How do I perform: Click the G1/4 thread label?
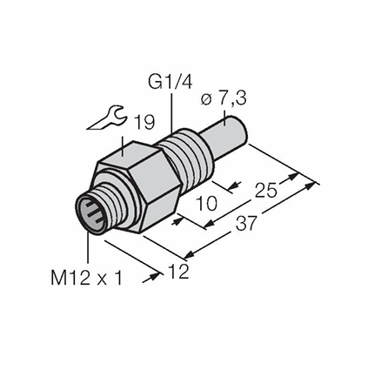point(170,82)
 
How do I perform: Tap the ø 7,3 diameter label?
point(224,98)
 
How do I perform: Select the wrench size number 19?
point(145,123)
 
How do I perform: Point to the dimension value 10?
point(206,203)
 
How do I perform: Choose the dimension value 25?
point(266,191)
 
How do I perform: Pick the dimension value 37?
point(246,224)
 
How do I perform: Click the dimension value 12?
point(178,272)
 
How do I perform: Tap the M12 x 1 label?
point(87,278)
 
